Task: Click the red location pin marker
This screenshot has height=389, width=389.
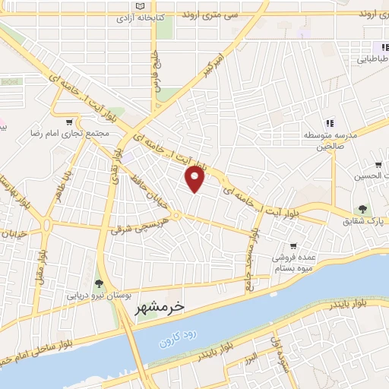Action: [196, 179]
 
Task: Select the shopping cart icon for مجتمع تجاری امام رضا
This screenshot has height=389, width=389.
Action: [70, 122]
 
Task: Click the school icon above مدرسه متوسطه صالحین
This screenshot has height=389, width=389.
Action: [330, 122]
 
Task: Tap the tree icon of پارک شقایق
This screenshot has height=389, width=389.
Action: [364, 209]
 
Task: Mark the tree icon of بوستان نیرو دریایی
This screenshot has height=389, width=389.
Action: [98, 284]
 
